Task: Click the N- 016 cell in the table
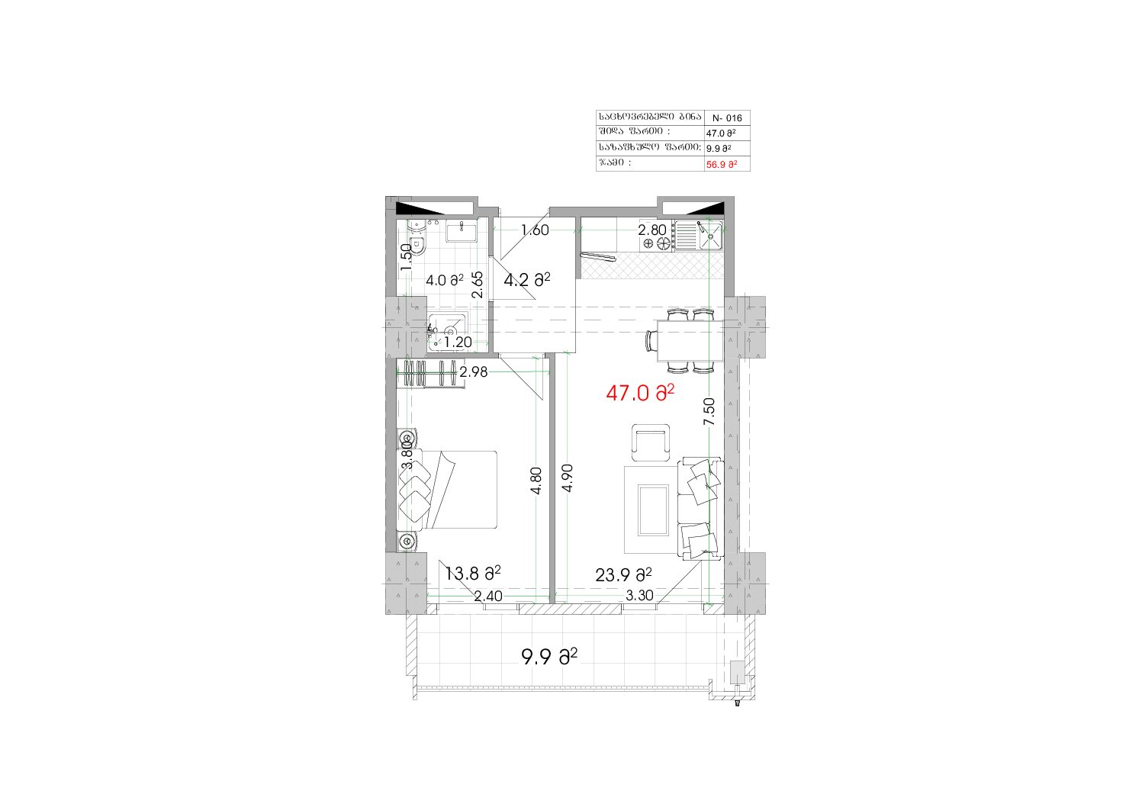(727, 118)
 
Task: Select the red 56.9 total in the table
(722, 165)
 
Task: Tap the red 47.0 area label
(640, 393)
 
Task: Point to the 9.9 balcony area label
(549, 657)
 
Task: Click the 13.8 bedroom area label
(473, 573)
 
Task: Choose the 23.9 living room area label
(623, 575)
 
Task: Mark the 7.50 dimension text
(709, 411)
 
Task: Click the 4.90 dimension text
(567, 477)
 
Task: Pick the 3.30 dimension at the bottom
(639, 596)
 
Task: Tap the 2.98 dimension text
(474, 372)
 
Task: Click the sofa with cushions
(700, 509)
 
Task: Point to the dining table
(690, 340)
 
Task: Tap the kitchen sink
(710, 236)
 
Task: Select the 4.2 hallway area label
(527, 279)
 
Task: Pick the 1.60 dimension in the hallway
(535, 230)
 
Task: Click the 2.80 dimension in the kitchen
(652, 230)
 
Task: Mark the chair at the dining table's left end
(651, 340)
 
